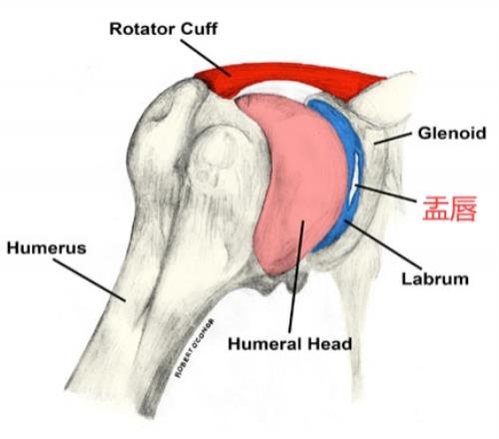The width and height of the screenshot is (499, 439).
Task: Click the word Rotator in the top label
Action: pyautogui.click(x=139, y=29)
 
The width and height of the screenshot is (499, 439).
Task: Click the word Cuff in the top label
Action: pyautogui.click(x=195, y=29)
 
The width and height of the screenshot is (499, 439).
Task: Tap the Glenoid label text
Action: pyautogui.click(x=452, y=133)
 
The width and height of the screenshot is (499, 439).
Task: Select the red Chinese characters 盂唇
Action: pyautogui.click(x=449, y=209)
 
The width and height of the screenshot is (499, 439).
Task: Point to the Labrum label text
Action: pyautogui.click(x=435, y=278)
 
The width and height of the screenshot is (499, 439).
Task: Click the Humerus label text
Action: pyautogui.click(x=47, y=248)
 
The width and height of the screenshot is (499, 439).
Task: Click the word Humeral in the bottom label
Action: pyautogui.click(x=265, y=343)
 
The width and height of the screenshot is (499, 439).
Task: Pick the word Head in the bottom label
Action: pyautogui.click(x=329, y=343)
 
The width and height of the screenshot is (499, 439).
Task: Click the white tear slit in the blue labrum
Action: pyautogui.click(x=353, y=176)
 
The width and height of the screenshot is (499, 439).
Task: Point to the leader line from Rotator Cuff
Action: pyautogui.click(x=206, y=58)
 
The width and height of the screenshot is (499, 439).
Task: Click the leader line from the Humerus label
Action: pyautogui.click(x=90, y=280)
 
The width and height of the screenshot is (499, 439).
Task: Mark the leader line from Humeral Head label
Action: pyautogui.click(x=296, y=276)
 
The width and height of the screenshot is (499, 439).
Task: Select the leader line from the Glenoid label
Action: pyautogui.click(x=392, y=139)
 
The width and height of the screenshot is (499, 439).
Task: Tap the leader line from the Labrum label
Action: pyautogui.click(x=383, y=244)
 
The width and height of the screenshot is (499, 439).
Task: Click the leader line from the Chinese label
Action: pyautogui.click(x=386, y=193)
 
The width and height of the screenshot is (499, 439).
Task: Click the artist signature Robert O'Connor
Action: pyautogui.click(x=195, y=348)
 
